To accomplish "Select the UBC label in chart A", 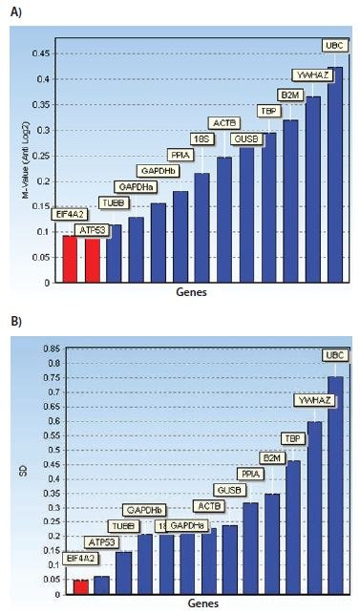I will pos(335,45).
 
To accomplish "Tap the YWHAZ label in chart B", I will pos(315,399).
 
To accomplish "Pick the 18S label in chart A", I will pos(202,139).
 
